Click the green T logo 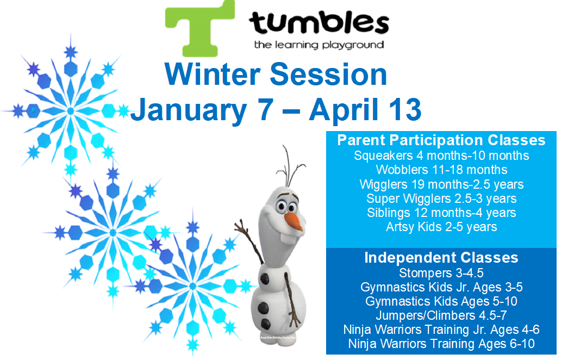tap(199, 29)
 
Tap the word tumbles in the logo tap(319, 22)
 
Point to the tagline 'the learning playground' tap(319, 45)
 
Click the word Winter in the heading tap(213, 75)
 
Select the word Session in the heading tap(328, 75)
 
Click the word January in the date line tap(189, 110)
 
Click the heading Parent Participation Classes tap(441, 140)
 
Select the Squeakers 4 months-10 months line tap(441, 156)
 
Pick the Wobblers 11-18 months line tap(441, 170)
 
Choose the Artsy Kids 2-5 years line tap(441, 227)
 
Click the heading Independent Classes tap(441, 258)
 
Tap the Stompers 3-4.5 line tap(441, 273)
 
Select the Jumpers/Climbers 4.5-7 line tap(441, 315)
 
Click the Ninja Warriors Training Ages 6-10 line tap(441, 344)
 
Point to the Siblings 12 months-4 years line tap(441, 213)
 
